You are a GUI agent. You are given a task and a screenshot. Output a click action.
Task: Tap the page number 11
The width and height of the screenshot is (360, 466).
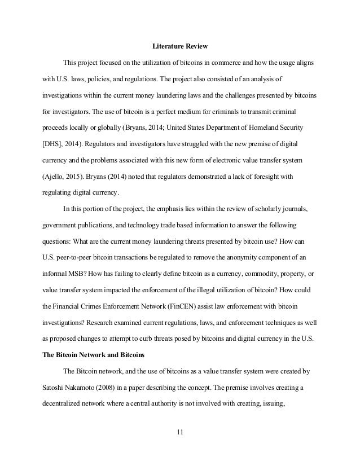[180, 432]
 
